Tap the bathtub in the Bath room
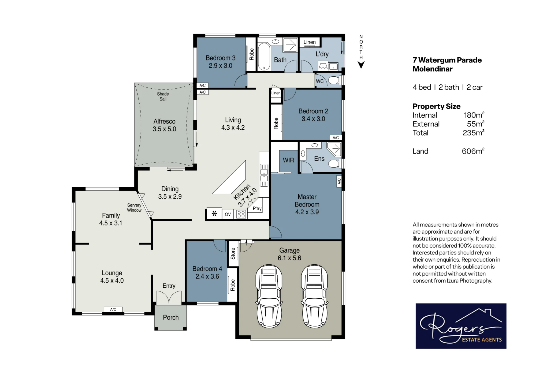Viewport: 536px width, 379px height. pyautogui.click(x=264, y=56)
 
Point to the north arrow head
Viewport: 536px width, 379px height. pyautogui.click(x=361, y=65)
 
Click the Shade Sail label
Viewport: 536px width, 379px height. pyautogui.click(x=163, y=96)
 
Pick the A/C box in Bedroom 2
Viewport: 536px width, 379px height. pyautogui.click(x=336, y=138)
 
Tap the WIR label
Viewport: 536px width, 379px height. pyautogui.click(x=288, y=160)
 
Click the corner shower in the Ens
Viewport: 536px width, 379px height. pyautogui.click(x=334, y=149)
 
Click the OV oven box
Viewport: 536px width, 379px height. pyautogui.click(x=228, y=214)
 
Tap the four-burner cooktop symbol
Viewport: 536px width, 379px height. pyautogui.click(x=241, y=214)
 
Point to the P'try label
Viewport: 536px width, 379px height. pyautogui.click(x=257, y=208)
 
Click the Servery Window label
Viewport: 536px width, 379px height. pyautogui.click(x=134, y=208)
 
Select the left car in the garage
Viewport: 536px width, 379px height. pyautogui.click(x=269, y=296)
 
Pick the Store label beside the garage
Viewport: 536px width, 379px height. pyautogui.click(x=233, y=254)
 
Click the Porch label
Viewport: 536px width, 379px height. pyautogui.click(x=171, y=317)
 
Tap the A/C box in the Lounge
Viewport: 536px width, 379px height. pyautogui.click(x=113, y=309)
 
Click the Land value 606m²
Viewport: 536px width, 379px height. pyautogui.click(x=473, y=151)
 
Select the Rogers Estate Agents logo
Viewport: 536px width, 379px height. pyautogui.click(x=461, y=326)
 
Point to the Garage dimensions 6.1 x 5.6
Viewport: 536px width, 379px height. pyautogui.click(x=289, y=258)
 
